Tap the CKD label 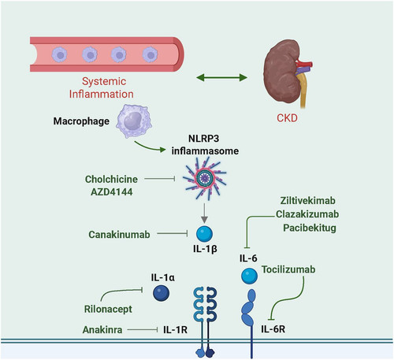287,118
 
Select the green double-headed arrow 222,77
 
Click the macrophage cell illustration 134,121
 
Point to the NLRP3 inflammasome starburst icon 205,179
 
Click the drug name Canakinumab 119,235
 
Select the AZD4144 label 112,192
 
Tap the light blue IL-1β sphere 205,234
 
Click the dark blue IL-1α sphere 162,293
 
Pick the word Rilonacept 108,309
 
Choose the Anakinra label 102,329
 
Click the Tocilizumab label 288,269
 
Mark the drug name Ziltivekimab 308,201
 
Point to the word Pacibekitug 310,228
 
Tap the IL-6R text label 273,329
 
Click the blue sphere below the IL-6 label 249,276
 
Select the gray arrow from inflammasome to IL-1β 205,213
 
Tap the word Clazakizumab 307,214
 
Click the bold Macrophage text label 81,121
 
